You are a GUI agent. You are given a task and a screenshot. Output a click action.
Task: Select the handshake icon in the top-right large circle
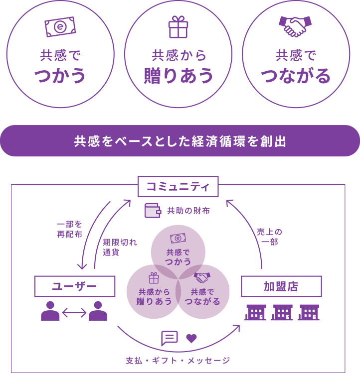point(297,27)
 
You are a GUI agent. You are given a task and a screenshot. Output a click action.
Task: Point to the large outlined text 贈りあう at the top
point(179,76)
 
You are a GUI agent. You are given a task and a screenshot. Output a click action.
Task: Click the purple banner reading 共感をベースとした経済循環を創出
point(180,141)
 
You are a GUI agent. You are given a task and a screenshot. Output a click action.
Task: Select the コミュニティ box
point(179,187)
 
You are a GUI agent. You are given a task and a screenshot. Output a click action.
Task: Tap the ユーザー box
point(75,286)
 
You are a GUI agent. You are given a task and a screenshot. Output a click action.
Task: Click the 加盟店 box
point(281,286)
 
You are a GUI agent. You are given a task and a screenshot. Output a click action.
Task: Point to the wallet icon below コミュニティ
point(153,211)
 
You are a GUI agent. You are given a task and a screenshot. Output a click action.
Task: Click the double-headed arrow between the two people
point(75,312)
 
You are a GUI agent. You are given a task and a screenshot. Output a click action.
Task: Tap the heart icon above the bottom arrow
point(191,339)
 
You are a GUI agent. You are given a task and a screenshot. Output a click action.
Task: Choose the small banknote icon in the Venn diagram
point(178,239)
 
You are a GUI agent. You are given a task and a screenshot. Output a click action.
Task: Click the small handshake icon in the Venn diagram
point(202,276)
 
